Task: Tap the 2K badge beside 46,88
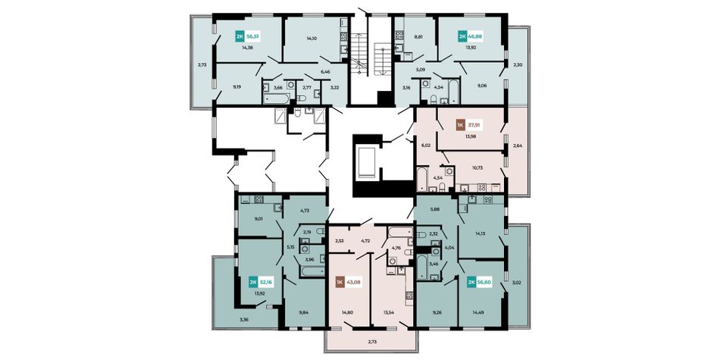[462, 36]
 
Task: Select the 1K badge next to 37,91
[459, 124]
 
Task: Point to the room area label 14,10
[311, 39]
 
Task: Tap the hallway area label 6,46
[326, 72]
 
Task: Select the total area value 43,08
[355, 281]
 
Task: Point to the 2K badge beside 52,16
[252, 281]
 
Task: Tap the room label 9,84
[303, 313]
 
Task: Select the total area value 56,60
[486, 281]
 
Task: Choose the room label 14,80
[347, 312]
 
